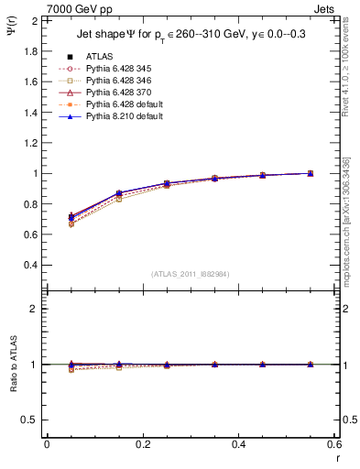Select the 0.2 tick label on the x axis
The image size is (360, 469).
tap(142, 443)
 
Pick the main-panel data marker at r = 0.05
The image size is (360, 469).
tap(71, 217)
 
